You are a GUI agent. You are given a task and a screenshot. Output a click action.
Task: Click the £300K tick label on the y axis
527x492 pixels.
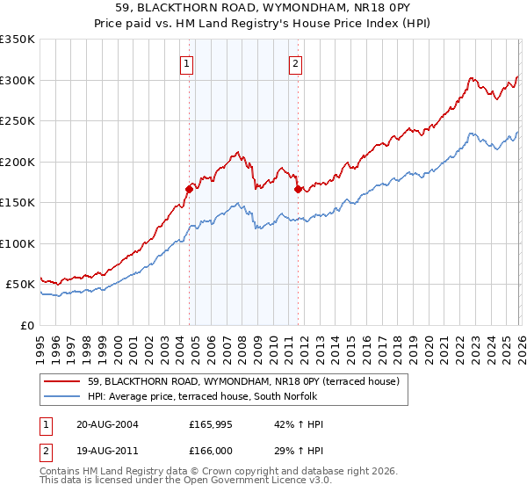coord(18,80)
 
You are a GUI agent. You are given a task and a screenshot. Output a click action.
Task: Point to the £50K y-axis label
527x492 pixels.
coord(21,285)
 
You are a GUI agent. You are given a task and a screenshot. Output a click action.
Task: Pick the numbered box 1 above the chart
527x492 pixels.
coord(188,63)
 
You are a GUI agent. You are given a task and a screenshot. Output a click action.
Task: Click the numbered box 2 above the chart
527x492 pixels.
coord(296,63)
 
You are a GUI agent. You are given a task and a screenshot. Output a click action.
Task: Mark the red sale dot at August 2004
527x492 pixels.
coord(189,189)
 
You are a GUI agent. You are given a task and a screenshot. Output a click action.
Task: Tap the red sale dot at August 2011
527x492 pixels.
coord(298,189)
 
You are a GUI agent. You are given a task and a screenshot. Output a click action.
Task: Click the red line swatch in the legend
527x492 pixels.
coord(61,381)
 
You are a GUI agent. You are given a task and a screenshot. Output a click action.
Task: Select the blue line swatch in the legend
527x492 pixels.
coord(61,396)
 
